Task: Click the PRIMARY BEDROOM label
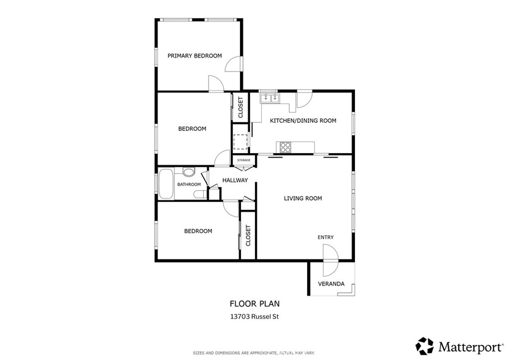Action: [x=194, y=56]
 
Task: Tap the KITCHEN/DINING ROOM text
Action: [x=303, y=121]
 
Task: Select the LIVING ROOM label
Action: [x=303, y=198]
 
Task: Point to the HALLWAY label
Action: [x=235, y=180]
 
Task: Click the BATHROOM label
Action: [x=189, y=184]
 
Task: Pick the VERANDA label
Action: [x=331, y=284]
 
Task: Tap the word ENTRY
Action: [x=325, y=237]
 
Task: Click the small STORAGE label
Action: [x=244, y=161]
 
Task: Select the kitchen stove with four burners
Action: [x=285, y=147]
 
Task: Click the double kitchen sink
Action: [x=270, y=98]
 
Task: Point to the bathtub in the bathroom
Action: [x=166, y=184]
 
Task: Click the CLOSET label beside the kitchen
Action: [x=241, y=107]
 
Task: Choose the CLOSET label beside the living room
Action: [x=249, y=235]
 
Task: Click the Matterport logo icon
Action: [x=425, y=346]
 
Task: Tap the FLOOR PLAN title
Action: [x=254, y=304]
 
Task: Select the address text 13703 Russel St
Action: [x=254, y=317]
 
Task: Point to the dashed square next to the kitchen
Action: [x=241, y=142]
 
